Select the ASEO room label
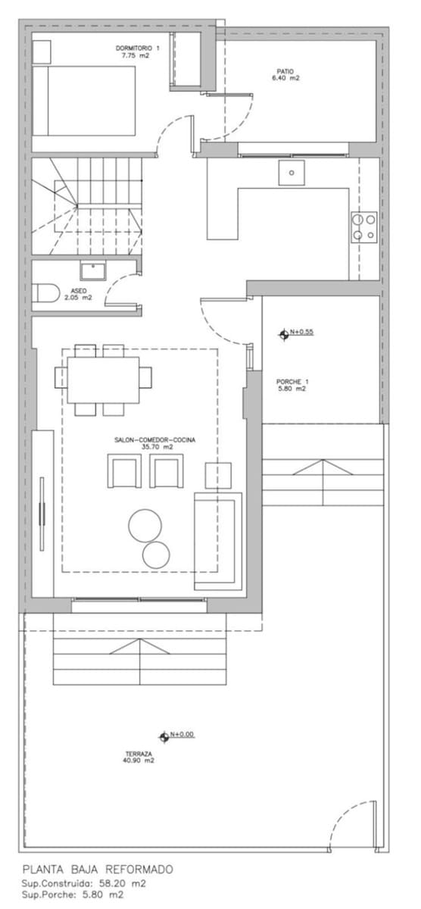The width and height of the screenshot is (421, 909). coord(79,294)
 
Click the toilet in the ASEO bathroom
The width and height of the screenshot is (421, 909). coord(45,292)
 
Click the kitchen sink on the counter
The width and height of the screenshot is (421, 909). coord(291,173)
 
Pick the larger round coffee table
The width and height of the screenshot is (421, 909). coord(144,524)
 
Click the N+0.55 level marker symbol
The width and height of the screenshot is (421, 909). coord(285,333)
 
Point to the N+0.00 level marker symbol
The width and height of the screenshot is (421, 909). coord(164,736)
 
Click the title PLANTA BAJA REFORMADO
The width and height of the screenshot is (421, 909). coord(98,870)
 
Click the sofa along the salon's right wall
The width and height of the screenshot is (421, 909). coord(218,541)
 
